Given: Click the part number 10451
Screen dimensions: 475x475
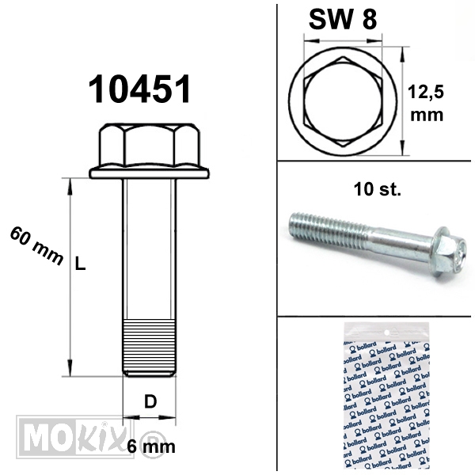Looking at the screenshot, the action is pos(139,89).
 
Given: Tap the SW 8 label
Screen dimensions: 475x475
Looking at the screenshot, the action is pos(343,19).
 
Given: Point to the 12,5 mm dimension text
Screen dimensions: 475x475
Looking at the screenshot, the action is pos(426,103).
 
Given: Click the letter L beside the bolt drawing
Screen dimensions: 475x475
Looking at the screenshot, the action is pos(80,264).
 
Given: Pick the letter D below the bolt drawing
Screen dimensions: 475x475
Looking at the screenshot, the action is pos(150,401).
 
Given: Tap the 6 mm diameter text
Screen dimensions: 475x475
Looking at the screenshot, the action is pos(151,446).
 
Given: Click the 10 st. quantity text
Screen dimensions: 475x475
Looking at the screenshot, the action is pos(377,189).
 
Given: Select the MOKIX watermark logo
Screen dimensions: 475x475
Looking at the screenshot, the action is pos(75,437).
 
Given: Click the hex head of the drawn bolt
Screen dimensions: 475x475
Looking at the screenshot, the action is pos(150,145).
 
